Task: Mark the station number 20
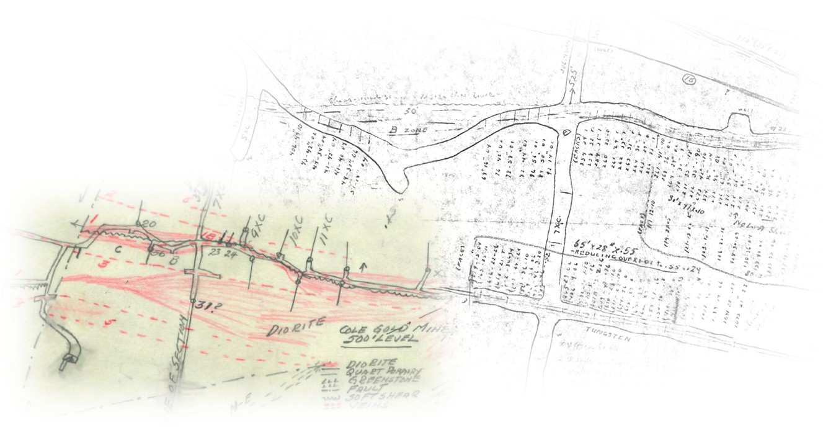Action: point(149,224)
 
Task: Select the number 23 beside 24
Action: point(215,253)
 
